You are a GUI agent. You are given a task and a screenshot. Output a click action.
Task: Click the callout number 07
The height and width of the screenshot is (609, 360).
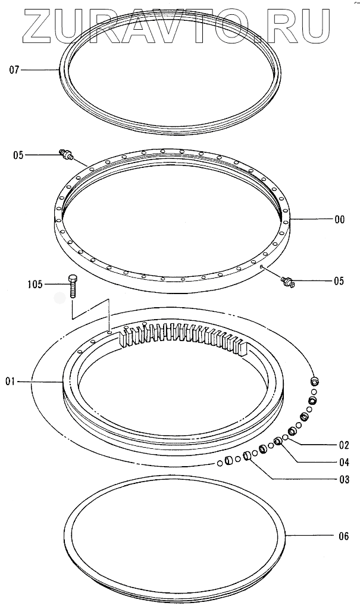pyautogui.click(x=15, y=71)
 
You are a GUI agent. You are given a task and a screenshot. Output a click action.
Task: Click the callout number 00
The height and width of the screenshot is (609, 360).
pyautogui.click(x=339, y=220)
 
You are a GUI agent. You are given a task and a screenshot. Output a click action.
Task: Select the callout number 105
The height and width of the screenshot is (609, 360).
pyautogui.click(x=35, y=285)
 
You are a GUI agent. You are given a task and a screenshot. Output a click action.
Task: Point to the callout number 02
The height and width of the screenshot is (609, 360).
pyautogui.click(x=343, y=445)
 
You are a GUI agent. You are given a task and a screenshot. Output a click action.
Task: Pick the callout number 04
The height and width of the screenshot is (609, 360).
pyautogui.click(x=343, y=462)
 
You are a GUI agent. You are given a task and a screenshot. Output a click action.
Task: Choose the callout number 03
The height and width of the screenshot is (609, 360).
pyautogui.click(x=343, y=479)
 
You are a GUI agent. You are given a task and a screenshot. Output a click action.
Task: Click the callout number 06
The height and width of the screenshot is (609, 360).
pyautogui.click(x=343, y=536)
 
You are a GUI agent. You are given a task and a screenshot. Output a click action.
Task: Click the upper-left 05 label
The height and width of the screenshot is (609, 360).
pyautogui.click(x=18, y=155)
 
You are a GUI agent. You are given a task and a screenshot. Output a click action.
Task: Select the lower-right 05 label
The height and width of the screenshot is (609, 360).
pyautogui.click(x=339, y=282)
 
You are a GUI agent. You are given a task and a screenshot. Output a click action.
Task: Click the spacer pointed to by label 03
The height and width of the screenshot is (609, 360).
pyautogui.click(x=245, y=457)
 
